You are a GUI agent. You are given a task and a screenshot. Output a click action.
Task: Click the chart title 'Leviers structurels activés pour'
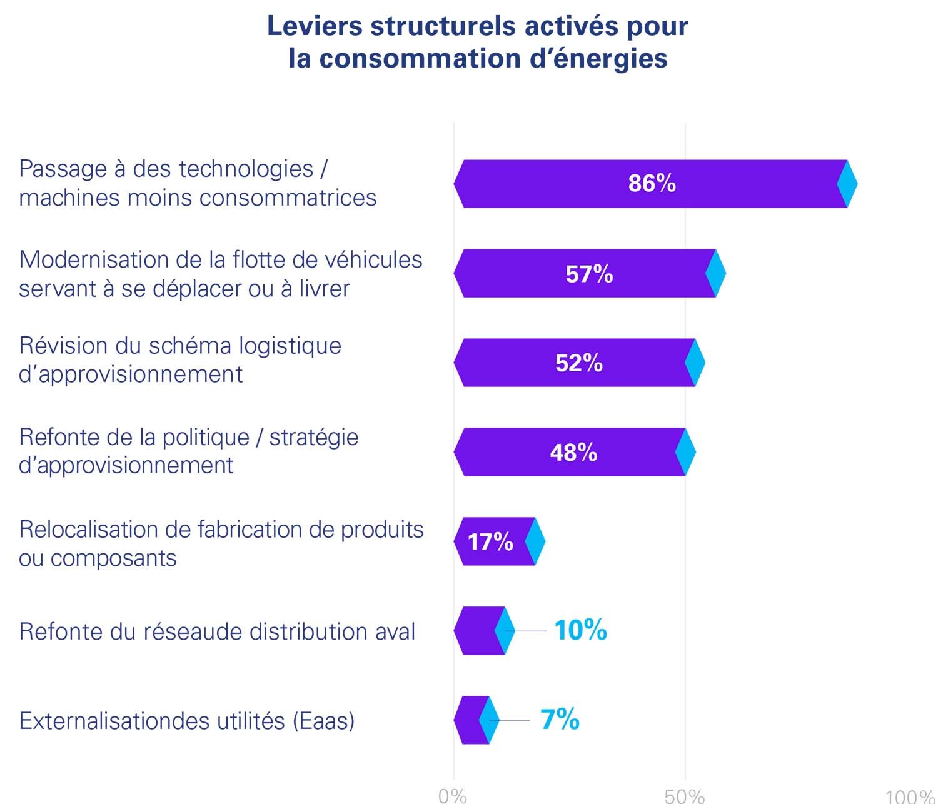[x=478, y=26]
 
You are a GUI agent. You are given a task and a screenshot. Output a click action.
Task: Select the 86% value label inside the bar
[x=652, y=183]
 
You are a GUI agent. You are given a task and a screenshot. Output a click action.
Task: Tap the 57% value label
[x=589, y=274]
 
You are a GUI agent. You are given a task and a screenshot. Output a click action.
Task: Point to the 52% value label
[x=579, y=363]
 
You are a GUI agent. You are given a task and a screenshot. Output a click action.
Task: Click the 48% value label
[x=573, y=453]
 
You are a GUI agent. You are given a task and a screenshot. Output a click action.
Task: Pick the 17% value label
[x=490, y=542]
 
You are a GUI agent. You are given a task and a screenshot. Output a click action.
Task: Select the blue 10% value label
[x=580, y=630]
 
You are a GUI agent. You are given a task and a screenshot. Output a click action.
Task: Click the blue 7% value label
[x=560, y=720]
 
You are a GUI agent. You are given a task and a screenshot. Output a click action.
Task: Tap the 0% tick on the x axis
[x=453, y=795]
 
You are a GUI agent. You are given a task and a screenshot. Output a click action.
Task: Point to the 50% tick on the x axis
[x=685, y=795]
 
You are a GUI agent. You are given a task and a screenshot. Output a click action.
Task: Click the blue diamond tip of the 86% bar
[x=847, y=184]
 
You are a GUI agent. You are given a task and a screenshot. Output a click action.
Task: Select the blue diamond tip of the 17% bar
[x=535, y=541]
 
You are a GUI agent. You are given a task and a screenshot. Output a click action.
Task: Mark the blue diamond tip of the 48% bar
[x=686, y=452]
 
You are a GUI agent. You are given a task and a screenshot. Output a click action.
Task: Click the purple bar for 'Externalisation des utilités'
[x=469, y=720]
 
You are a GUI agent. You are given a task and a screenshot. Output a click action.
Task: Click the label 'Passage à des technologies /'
[x=173, y=169]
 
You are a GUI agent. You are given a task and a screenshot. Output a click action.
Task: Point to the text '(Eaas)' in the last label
[x=323, y=721]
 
